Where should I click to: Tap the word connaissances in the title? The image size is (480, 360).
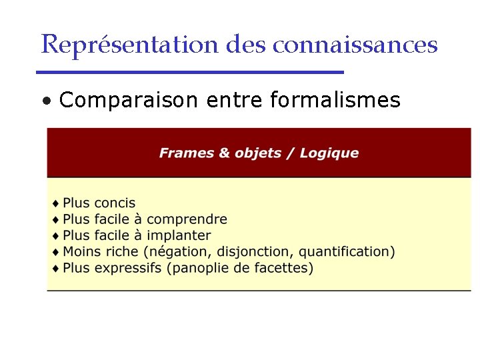[x=355, y=44]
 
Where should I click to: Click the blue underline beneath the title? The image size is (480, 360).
[x=190, y=72]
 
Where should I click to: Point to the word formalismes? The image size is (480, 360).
[x=335, y=101]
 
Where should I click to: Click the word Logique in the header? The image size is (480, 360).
[x=329, y=153]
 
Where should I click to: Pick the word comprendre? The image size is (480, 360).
[x=187, y=219]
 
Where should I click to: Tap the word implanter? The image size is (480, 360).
[x=179, y=235]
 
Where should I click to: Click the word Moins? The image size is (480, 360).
[x=81, y=252]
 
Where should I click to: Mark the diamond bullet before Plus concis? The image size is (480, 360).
[x=55, y=203]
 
